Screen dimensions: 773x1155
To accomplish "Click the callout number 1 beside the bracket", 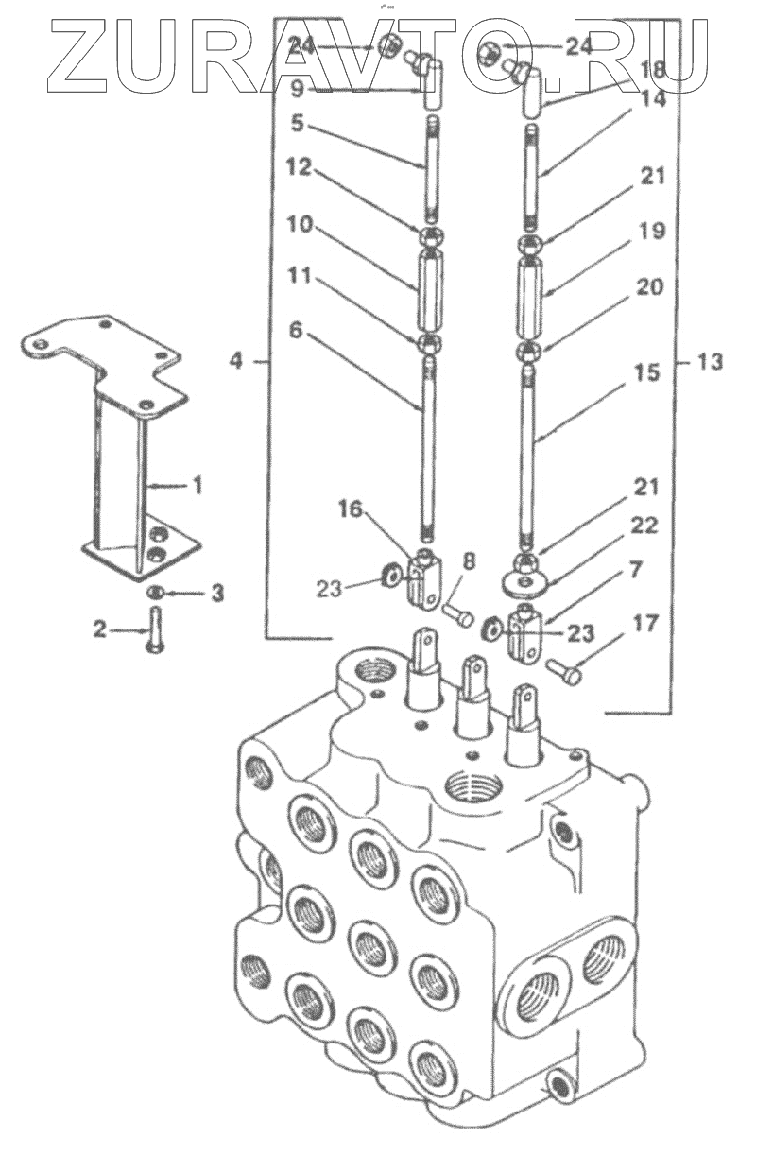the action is pos(196,485).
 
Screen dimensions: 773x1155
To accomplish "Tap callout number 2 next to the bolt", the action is pos(100,629).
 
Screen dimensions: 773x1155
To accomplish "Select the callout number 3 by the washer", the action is pos(217,594).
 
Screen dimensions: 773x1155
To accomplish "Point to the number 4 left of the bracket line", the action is pos(235,361).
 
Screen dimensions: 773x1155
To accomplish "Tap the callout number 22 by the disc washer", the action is pos(644,526).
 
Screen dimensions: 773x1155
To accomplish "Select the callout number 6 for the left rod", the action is pos(295,331).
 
